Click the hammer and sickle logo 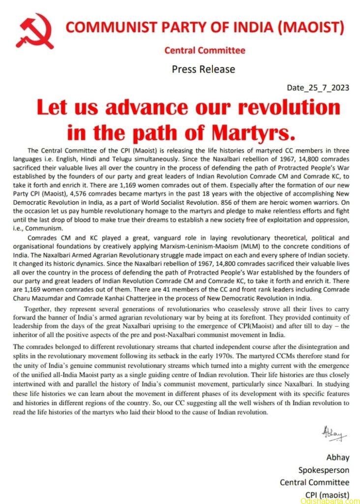[x=34, y=31]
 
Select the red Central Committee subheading [x=205, y=50]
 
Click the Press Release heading [x=203, y=69]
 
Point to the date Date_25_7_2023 [x=318, y=88]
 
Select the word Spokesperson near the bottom [x=324, y=470]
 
